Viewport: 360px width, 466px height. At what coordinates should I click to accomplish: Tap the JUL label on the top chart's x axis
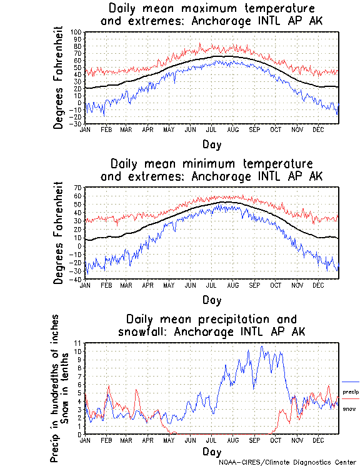[x=211, y=130]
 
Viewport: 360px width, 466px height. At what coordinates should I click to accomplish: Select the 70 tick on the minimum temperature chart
[x=77, y=188]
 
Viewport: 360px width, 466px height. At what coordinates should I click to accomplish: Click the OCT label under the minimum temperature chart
[x=276, y=286]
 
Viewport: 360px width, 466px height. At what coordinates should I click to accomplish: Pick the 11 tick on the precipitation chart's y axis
[x=78, y=343]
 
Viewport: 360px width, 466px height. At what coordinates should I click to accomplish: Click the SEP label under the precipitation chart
[x=254, y=440]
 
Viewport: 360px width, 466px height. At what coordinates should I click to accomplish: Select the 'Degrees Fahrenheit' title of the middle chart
[x=59, y=233]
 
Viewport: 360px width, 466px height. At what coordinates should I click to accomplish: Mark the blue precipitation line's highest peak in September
[x=262, y=347]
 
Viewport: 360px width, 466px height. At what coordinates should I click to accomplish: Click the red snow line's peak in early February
[x=109, y=386]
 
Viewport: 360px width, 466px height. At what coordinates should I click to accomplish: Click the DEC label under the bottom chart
[x=318, y=440]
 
